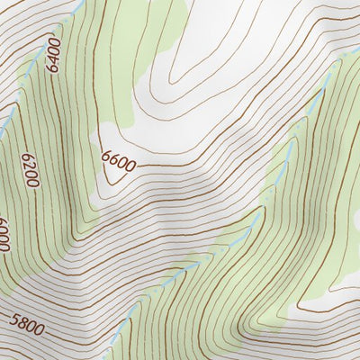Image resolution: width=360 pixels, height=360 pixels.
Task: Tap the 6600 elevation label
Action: (119, 162)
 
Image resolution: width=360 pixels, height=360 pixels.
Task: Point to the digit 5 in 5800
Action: (13, 319)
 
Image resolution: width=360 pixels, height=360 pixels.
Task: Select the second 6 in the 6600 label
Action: (115, 162)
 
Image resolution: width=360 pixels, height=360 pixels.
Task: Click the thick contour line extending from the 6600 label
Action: (180, 165)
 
